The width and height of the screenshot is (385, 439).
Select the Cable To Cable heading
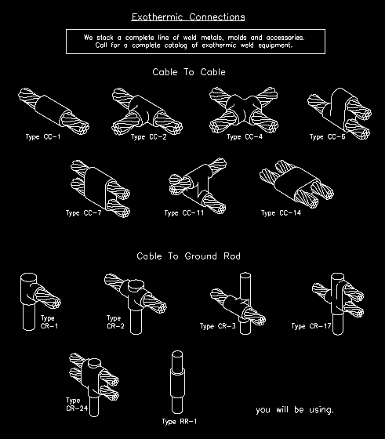189,71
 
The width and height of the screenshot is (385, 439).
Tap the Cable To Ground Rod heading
188,256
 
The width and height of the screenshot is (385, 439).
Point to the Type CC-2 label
148,136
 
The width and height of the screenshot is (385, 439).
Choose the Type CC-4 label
245,136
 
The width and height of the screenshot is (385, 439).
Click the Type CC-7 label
85,212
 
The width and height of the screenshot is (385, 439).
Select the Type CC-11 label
185,212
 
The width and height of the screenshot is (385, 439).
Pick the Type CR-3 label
220,326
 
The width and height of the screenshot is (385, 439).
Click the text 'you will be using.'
295,409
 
